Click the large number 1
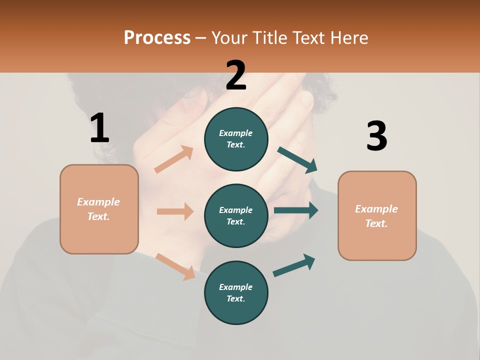click(x=99, y=128)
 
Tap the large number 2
click(x=236, y=75)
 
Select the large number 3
click(x=376, y=136)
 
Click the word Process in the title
click(x=157, y=37)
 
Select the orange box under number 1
click(x=99, y=209)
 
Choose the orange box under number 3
click(x=377, y=215)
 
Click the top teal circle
click(x=236, y=139)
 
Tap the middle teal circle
click(x=236, y=215)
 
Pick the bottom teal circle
click(x=236, y=292)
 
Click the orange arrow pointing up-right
click(x=174, y=159)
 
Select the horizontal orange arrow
click(x=175, y=211)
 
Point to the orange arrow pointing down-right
click(x=175, y=266)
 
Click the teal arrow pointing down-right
click(x=297, y=159)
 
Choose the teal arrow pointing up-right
click(x=294, y=265)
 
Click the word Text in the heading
click(x=307, y=37)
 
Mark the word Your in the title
click(x=229, y=37)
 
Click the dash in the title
click(x=201, y=38)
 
